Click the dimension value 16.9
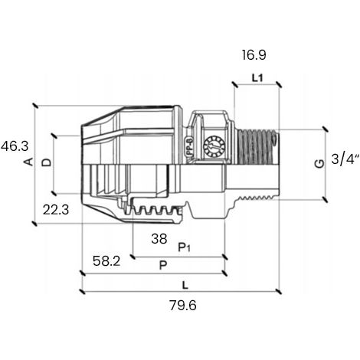254,55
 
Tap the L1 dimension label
257,78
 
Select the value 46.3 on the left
15,146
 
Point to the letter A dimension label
29,162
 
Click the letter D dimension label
47,162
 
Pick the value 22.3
56,210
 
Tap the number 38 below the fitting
159,239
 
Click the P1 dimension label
185,247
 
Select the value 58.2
106,261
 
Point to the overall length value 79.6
183,306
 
